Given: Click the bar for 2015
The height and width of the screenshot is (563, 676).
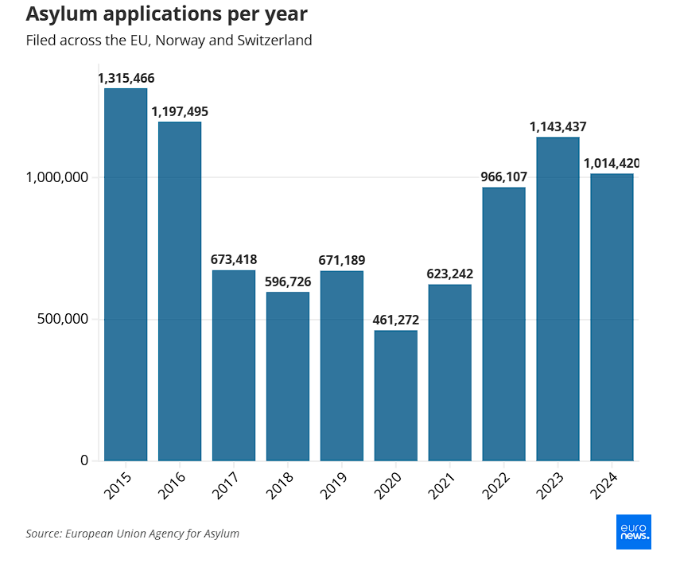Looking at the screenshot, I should [126, 274].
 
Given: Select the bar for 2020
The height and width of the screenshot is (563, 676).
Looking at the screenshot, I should [395, 395].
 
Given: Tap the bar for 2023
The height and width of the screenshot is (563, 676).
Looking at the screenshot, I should [558, 299].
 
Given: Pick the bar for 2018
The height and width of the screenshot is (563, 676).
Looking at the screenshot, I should [288, 376].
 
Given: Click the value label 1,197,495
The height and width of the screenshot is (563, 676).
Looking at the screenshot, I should [180, 111].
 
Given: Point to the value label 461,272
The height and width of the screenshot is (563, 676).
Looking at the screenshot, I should [396, 320].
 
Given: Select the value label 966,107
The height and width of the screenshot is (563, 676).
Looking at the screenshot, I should [504, 177].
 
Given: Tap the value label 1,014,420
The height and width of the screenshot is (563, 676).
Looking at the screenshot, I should [612, 163].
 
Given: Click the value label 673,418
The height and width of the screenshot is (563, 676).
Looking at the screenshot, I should [234, 259].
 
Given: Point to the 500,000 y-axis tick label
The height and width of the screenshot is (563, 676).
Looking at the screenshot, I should [63, 319].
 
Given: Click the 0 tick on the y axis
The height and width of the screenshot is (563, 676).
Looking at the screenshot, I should [84, 460].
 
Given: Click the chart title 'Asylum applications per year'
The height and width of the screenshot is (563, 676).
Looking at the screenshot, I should [166, 14].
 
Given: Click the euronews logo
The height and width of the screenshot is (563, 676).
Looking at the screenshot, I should [634, 531].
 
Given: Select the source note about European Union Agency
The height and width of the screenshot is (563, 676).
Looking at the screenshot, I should [132, 534].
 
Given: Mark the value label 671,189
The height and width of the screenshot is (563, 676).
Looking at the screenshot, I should [342, 260].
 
